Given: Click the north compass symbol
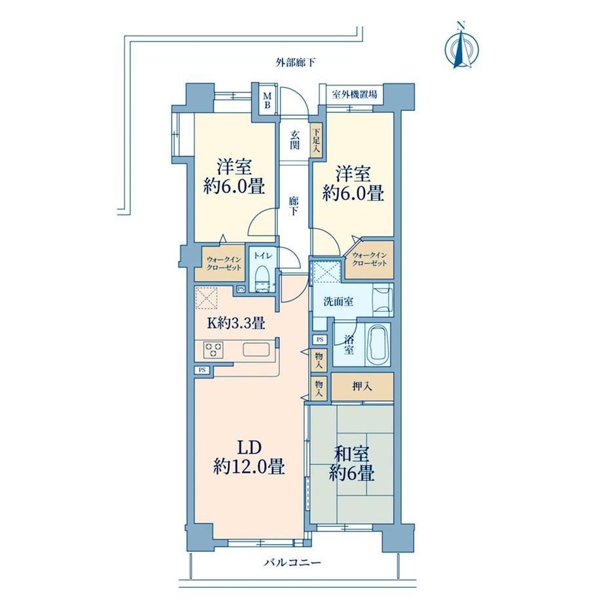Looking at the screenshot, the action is [461, 47].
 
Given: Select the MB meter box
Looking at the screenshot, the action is [267, 99].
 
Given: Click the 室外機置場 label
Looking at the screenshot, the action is [354, 94].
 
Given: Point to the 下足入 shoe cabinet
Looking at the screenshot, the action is [316, 140].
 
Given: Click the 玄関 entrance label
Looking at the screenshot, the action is [295, 140].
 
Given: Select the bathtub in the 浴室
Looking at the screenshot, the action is [378, 345].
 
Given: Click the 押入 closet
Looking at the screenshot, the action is [362, 387].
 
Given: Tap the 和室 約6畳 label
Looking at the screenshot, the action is [351, 464].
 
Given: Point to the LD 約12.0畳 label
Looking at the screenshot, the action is [249, 457].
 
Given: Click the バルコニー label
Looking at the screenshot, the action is [292, 564].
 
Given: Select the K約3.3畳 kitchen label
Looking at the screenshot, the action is [236, 322].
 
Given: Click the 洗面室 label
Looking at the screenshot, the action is [338, 301].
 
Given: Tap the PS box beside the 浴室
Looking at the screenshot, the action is [320, 340].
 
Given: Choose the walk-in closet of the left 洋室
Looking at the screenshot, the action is [220, 262].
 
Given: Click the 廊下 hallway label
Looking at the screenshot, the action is [294, 206].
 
